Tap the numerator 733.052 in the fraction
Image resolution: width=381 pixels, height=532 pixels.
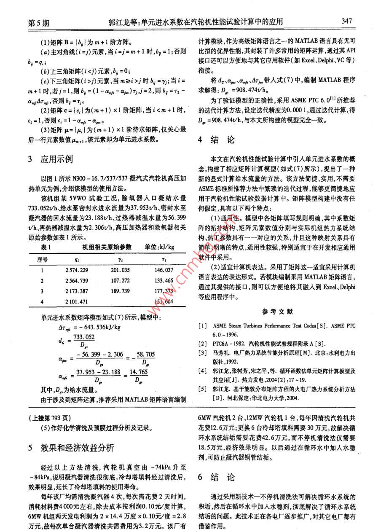(82, 336)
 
